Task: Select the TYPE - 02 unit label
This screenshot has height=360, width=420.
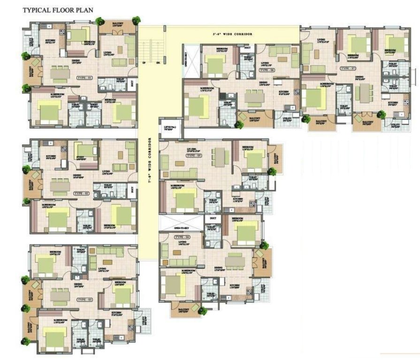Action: pyautogui.click(x=82, y=193)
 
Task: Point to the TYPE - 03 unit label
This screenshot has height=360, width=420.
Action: pyautogui.click(x=84, y=299)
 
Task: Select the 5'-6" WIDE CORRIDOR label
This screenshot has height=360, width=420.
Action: pyautogui.click(x=232, y=34)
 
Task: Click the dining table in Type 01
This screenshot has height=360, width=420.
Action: pyautogui.click(x=59, y=73)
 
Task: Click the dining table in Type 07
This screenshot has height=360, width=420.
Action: pyautogui.click(x=364, y=93)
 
